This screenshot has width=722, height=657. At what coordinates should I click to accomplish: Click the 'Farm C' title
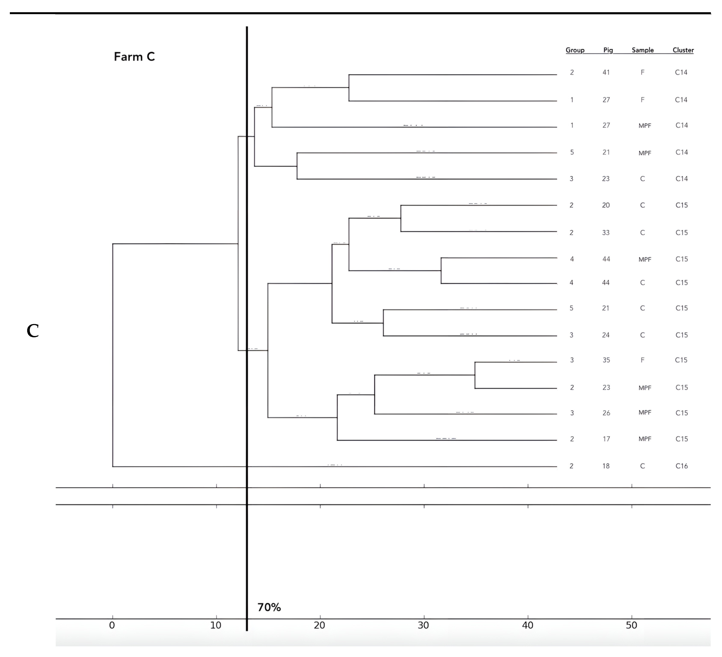point(134,57)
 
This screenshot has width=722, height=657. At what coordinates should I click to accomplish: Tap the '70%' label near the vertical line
point(269,607)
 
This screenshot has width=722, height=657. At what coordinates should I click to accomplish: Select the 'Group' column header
point(575,50)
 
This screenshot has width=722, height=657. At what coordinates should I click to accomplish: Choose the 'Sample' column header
point(642,50)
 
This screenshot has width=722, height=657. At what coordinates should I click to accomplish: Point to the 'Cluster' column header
point(683,50)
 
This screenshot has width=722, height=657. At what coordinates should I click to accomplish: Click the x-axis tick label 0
point(112,626)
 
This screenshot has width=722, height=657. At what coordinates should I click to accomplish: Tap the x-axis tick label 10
point(216,626)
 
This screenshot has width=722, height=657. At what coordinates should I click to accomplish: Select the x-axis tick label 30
point(423,626)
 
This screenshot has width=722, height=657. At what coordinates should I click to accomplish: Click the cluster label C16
point(682,466)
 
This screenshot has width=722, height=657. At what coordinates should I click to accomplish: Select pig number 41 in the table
point(606,72)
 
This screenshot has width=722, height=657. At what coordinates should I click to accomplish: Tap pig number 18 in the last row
point(606,466)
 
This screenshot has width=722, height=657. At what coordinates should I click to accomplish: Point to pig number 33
point(606,233)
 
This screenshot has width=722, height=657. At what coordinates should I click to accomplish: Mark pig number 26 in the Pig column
point(606,413)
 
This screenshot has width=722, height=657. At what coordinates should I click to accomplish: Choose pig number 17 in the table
point(606,439)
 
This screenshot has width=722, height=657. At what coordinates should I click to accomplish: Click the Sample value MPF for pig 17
point(645,439)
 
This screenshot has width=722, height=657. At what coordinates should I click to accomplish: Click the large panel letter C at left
point(33,331)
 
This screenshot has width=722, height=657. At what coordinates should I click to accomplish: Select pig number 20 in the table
point(606,205)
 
